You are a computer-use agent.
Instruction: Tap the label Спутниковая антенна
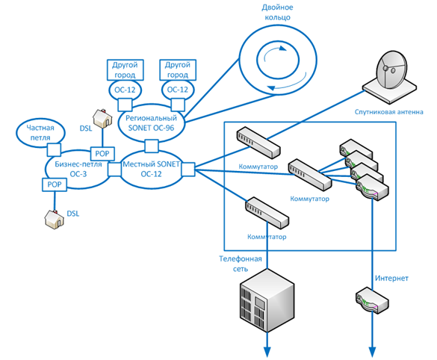(x=388, y=112)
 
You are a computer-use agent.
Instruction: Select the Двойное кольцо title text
(x=277, y=12)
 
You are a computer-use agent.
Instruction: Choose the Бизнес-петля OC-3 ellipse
(x=78, y=152)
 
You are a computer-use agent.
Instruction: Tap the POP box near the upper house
(x=102, y=154)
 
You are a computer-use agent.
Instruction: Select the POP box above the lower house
(x=55, y=184)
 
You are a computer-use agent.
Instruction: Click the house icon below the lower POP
(x=55, y=220)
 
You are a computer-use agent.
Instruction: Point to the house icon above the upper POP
(x=102, y=119)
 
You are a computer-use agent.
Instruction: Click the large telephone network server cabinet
(x=267, y=300)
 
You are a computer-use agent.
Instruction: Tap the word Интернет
(x=391, y=278)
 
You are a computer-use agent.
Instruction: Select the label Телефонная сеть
(x=241, y=264)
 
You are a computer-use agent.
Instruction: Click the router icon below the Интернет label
(x=372, y=301)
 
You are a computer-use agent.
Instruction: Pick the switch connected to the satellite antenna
(x=258, y=143)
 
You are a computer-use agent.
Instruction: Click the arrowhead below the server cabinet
(x=267, y=352)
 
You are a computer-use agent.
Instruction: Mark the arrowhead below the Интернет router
(x=372, y=352)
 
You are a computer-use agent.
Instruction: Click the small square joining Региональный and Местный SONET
(x=152, y=146)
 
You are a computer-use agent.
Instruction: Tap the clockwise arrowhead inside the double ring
(x=282, y=49)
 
